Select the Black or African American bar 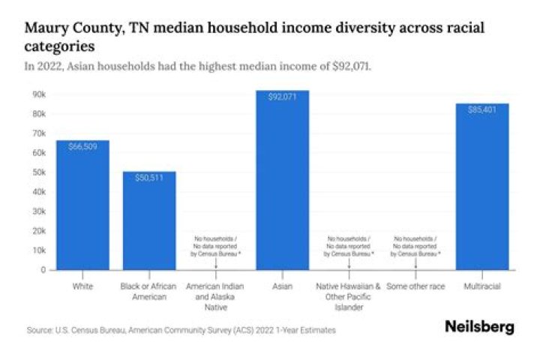pyautogui.click(x=149, y=220)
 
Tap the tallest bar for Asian pyautogui.click(x=282, y=180)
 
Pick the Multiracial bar pyautogui.click(x=482, y=187)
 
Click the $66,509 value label pyautogui.click(x=82, y=147)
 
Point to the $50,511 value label pyautogui.click(x=149, y=178)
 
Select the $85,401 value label pyautogui.click(x=482, y=110)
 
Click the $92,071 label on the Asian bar pyautogui.click(x=282, y=97)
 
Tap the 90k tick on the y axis pyautogui.click(x=38, y=94)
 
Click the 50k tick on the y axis pyautogui.click(x=38, y=172)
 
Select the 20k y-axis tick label pyautogui.click(x=38, y=231)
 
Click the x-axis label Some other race pyautogui.click(x=415, y=286)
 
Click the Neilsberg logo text pyautogui.click(x=479, y=327)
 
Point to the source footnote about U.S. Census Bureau pyautogui.click(x=180, y=330)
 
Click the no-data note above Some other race pyautogui.click(x=415, y=246)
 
